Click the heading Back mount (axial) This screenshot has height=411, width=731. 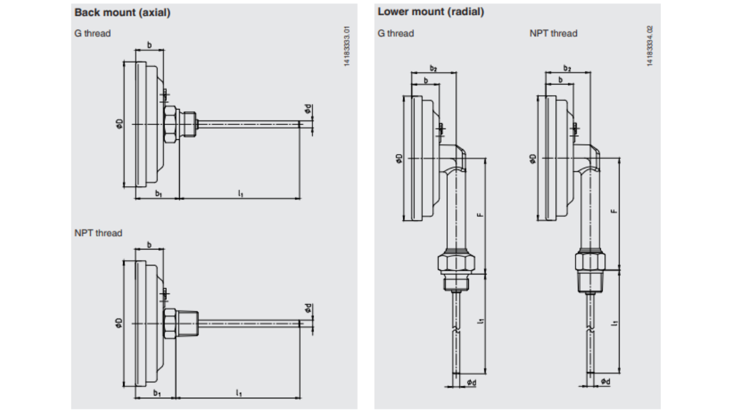point(122,13)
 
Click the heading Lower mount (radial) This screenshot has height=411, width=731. point(431,12)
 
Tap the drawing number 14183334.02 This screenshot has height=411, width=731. point(650,46)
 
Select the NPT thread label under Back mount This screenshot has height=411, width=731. point(98,233)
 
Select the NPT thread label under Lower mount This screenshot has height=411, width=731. point(553,33)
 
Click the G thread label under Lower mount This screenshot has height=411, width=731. point(395,33)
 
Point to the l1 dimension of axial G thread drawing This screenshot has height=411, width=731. point(241,194)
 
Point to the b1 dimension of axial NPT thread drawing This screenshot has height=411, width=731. point(156,393)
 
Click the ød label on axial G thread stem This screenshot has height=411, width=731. point(308,108)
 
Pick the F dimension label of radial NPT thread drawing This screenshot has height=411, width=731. point(614,210)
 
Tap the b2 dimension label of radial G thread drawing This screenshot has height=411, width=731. point(433,68)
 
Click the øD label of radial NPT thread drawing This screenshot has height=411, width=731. point(533,158)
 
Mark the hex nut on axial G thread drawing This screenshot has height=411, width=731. point(170,124)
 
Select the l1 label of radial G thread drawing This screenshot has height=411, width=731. point(480,321)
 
